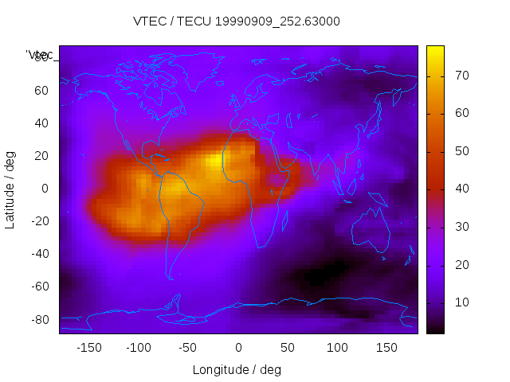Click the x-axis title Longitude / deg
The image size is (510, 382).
pyautogui.click(x=237, y=370)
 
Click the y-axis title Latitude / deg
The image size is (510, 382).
pyautogui.click(x=10, y=189)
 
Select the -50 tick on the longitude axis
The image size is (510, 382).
pyautogui.click(x=188, y=348)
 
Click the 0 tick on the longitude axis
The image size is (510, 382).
pyautogui.click(x=237, y=348)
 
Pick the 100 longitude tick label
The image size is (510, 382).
pyautogui.click(x=337, y=348)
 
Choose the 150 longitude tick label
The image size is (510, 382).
pyautogui.click(x=386, y=348)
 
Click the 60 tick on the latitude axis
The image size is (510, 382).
pyautogui.click(x=41, y=90)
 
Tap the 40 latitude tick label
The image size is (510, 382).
pyautogui.click(x=41, y=123)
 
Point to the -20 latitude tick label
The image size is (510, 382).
pyautogui.click(x=39, y=221)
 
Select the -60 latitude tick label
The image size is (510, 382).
pyautogui.click(x=39, y=286)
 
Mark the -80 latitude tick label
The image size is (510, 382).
pyautogui.click(x=39, y=319)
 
